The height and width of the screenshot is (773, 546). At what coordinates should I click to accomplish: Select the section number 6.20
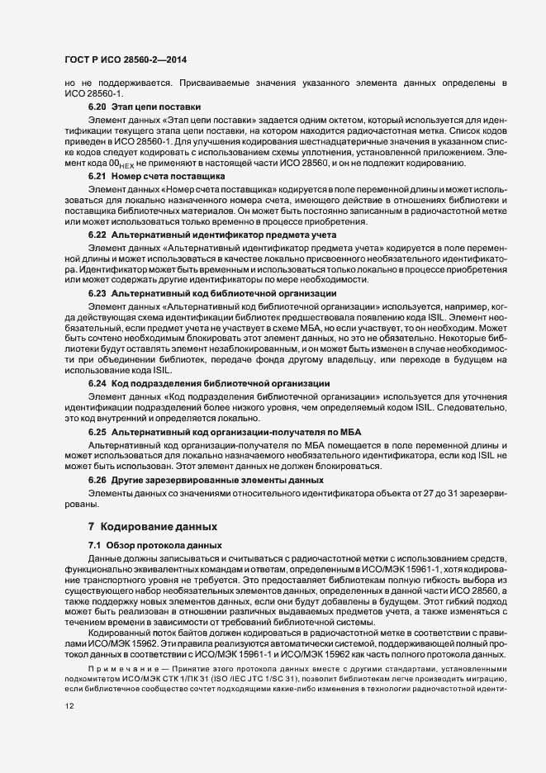[x=97, y=108]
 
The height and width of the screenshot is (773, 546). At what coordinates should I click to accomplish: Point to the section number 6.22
[x=97, y=235]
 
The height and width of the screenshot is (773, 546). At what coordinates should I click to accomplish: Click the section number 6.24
[x=97, y=383]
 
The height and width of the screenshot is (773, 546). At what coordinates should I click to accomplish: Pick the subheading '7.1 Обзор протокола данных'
[x=154, y=547]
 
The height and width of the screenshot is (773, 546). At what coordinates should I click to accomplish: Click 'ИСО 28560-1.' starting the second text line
[x=83, y=94]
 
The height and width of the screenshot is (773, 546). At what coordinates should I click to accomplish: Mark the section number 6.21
[x=97, y=178]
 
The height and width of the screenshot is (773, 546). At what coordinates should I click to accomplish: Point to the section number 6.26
[x=97, y=480]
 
